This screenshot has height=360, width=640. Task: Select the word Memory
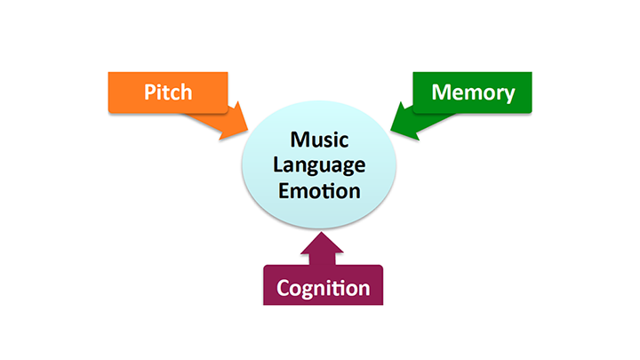tap(472, 92)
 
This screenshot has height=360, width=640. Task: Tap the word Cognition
tap(323, 288)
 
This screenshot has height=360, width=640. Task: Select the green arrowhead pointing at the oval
tap(404, 123)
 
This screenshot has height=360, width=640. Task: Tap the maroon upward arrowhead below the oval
tap(323, 244)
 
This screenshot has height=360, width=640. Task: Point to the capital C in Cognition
tap(284, 288)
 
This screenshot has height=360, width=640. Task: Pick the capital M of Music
tap(295, 140)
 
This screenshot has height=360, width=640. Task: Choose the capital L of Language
tap(279, 165)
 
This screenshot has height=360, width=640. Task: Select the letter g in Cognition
tap(311, 291)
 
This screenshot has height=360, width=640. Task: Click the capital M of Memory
tap(442, 92)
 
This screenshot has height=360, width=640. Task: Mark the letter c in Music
tap(340, 142)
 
